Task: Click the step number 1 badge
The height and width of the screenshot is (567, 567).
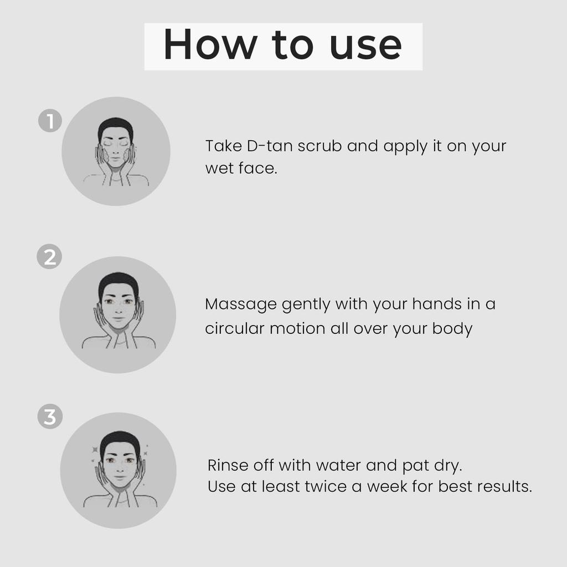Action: click(50, 121)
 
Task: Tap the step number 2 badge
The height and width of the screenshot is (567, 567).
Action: click(50, 257)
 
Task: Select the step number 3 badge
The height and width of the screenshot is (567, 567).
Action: click(50, 417)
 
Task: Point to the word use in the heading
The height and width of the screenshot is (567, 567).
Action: click(365, 46)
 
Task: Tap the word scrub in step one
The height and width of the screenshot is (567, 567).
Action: click(319, 147)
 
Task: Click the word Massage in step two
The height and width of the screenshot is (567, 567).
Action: click(240, 305)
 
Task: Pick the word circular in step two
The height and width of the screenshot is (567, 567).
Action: click(234, 328)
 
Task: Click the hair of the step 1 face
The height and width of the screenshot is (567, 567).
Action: click(115, 125)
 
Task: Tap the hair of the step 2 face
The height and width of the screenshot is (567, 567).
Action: click(118, 281)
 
